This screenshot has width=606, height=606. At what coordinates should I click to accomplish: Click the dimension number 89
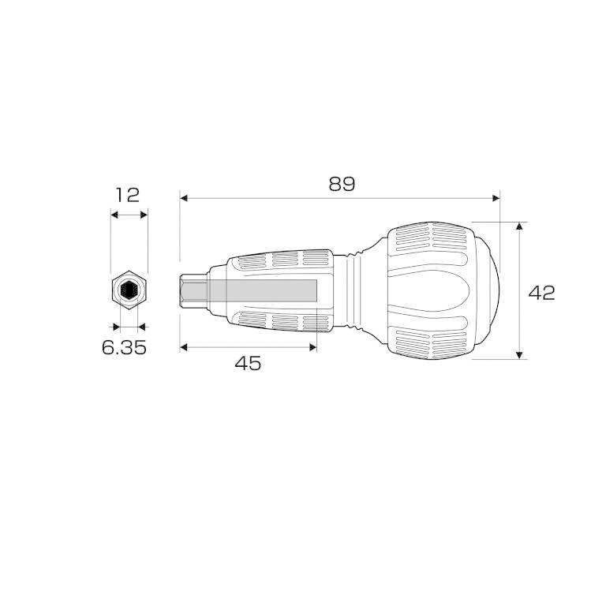coord(342,184)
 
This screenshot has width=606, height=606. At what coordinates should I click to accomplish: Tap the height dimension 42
coord(542,292)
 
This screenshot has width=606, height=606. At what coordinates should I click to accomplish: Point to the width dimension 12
coord(128,194)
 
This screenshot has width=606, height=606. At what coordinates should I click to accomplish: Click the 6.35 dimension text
coord(124,347)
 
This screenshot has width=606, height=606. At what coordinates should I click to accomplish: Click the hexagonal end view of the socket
coord(128,290)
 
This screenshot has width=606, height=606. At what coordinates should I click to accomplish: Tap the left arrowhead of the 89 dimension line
coord(184,199)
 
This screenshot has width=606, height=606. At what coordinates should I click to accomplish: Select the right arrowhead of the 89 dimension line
coord(496,199)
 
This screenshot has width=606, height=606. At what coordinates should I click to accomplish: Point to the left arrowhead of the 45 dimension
coord(184,346)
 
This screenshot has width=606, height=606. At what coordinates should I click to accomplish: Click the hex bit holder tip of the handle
coord(193,291)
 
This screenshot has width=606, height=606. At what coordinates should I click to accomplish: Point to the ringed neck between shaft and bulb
coord(357,291)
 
